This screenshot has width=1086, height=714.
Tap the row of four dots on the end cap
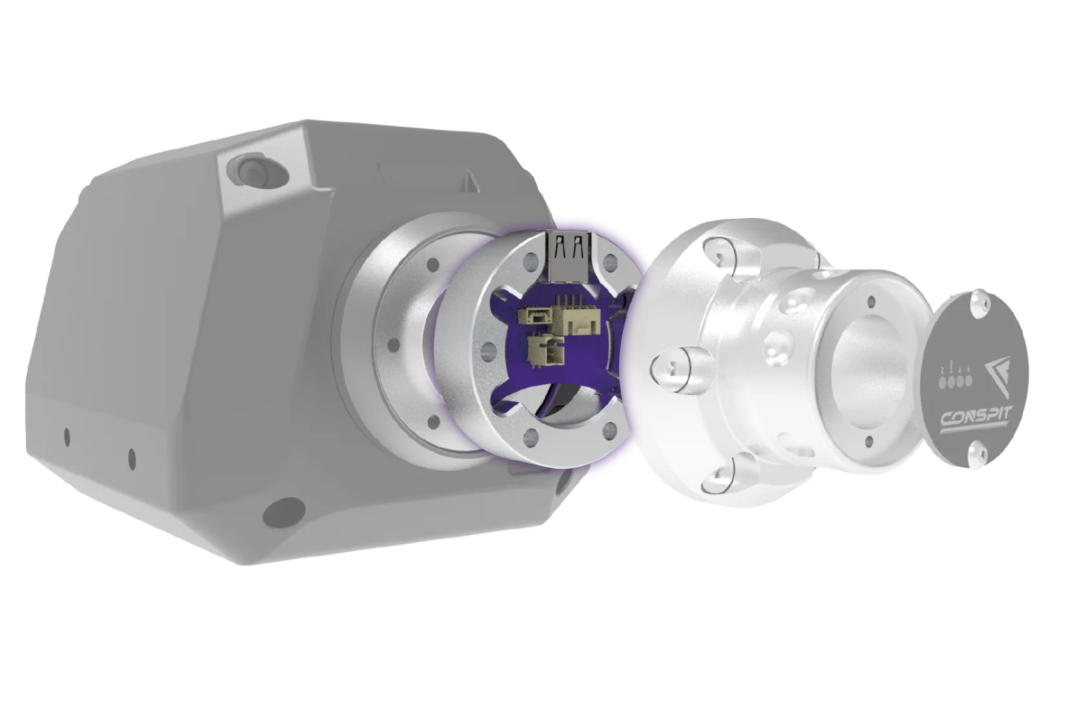click(955, 380)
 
